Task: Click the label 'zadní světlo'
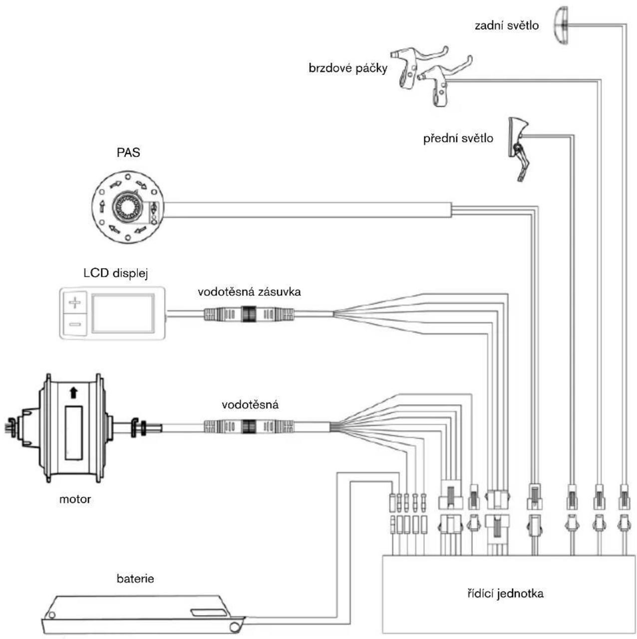click(x=506, y=25)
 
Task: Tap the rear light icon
click(x=561, y=25)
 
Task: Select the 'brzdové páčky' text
click(x=347, y=68)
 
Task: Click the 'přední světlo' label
click(x=458, y=138)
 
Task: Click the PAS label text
click(x=128, y=152)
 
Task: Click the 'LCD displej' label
click(x=115, y=273)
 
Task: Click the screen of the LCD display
click(x=123, y=313)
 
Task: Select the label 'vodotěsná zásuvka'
click(x=249, y=292)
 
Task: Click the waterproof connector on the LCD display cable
click(x=249, y=314)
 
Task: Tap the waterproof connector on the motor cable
click(x=249, y=427)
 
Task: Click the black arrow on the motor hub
click(x=73, y=392)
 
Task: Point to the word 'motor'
click(x=75, y=499)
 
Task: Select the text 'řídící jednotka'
click(x=505, y=593)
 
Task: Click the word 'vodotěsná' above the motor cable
click(x=250, y=405)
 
